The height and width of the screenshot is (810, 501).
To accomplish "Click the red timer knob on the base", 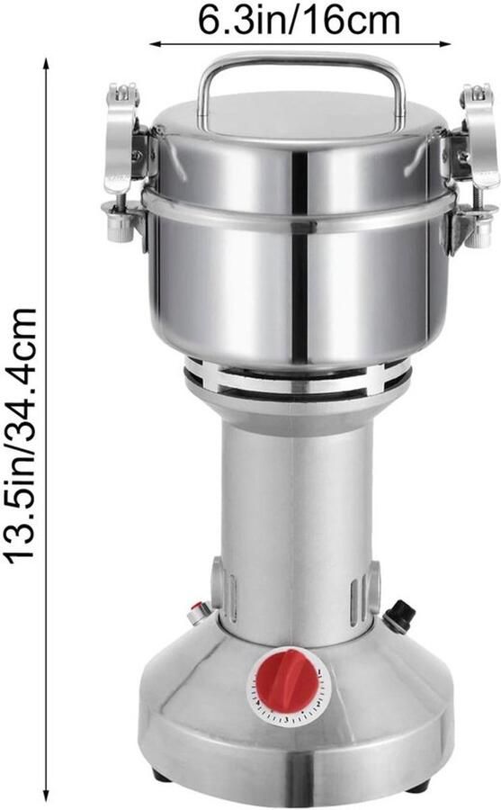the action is tap(288, 679).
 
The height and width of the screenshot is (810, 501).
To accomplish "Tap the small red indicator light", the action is tap(197, 613).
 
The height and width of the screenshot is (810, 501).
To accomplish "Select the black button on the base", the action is tap(401, 616).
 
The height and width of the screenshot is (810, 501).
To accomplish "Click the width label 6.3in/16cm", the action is tap(300, 21).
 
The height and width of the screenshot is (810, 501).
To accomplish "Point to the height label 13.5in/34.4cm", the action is tap(21, 435).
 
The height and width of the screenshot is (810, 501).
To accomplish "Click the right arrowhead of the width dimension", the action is tap(445, 44).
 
